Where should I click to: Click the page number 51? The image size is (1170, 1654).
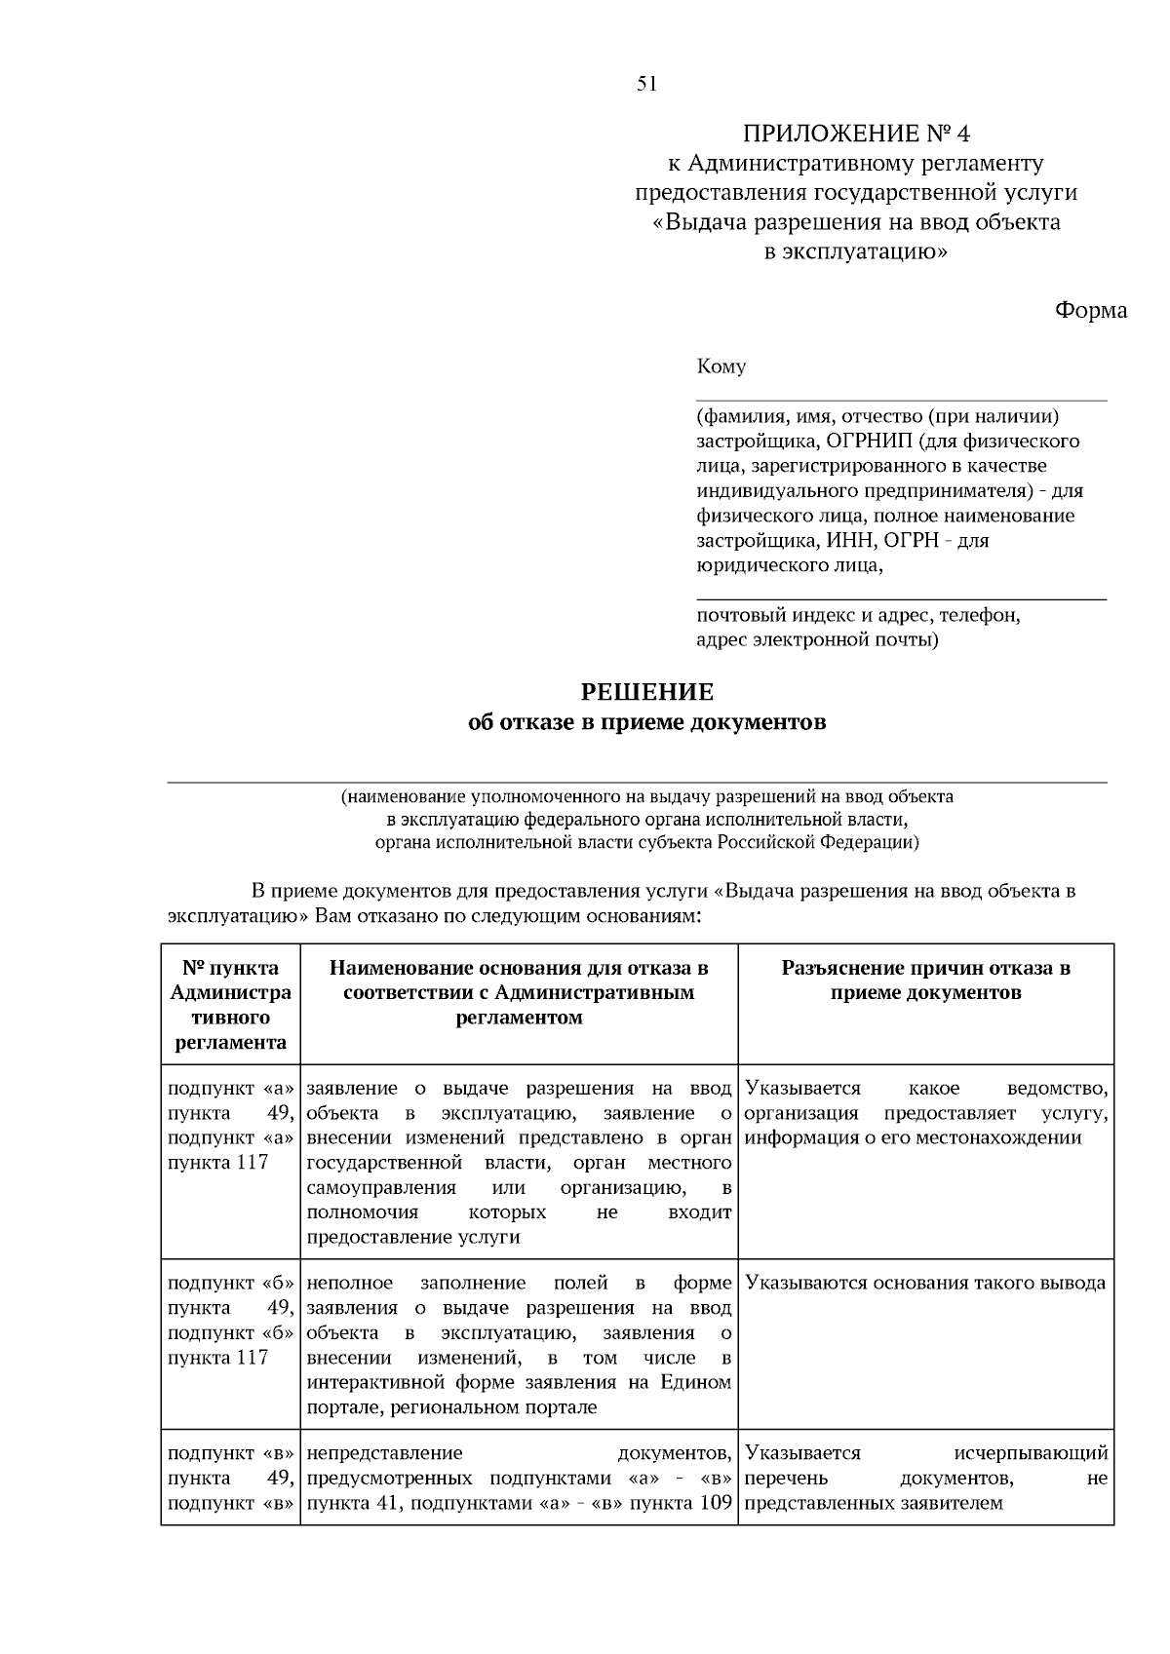(x=647, y=84)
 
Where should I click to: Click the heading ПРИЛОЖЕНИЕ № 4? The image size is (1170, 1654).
(x=857, y=133)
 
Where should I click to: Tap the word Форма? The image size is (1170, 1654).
(x=1090, y=311)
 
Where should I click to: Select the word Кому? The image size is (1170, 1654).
(x=721, y=367)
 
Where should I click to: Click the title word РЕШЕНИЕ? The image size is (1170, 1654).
(x=647, y=693)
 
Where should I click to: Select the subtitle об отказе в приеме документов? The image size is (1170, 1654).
(x=647, y=723)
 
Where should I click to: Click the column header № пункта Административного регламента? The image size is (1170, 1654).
(x=230, y=1005)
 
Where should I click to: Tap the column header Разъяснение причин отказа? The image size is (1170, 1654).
(x=925, y=981)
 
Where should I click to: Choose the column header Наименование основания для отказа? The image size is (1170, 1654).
(x=519, y=992)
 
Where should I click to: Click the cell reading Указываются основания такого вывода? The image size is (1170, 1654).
(x=925, y=1284)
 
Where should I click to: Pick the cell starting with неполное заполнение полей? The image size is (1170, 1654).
(x=519, y=1345)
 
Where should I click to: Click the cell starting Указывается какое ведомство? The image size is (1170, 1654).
(x=925, y=1113)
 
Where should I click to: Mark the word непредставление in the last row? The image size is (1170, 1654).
(x=384, y=1453)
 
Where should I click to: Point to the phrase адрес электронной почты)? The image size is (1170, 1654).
(x=817, y=640)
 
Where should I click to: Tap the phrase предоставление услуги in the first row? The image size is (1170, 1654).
(x=413, y=1238)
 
